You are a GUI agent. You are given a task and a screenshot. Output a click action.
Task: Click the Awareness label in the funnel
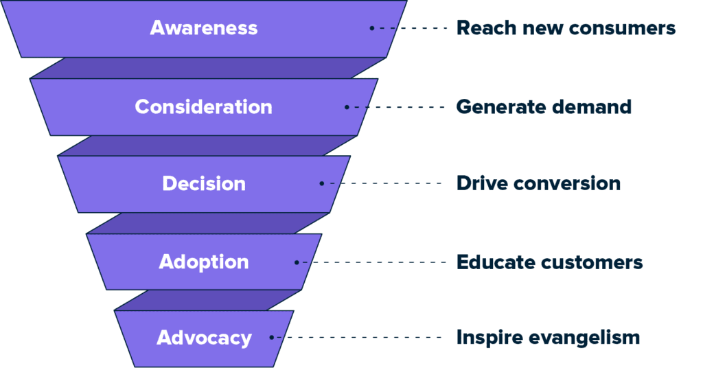pos(203,27)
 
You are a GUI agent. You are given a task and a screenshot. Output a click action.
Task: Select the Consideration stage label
pos(203,106)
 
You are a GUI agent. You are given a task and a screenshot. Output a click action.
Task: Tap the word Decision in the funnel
pos(204,183)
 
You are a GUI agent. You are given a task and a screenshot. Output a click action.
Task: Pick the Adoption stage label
pos(204,262)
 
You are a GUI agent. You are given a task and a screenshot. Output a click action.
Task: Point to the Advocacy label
pos(204,338)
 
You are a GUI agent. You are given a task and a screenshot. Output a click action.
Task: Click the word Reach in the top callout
pos(486,27)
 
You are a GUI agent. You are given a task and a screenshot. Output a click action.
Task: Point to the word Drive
pos(482,183)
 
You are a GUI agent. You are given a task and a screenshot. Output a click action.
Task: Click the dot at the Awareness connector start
pos(371,28)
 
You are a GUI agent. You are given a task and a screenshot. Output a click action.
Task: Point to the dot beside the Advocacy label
pos(272,338)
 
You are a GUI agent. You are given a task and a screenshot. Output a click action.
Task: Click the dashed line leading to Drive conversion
pos(382,183)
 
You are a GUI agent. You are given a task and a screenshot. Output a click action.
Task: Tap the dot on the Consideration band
pos(347,107)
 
